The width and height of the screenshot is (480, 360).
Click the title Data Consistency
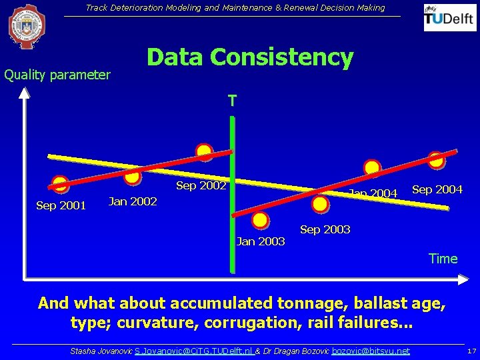[x=250, y=57]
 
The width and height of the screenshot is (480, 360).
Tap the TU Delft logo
[x=450, y=18]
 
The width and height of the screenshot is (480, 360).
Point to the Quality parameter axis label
[x=57, y=75]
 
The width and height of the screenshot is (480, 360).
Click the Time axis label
[x=443, y=259]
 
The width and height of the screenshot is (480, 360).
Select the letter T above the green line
[x=231, y=101]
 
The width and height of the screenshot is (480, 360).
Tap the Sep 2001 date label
[x=61, y=205]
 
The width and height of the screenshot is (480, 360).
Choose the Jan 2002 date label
[x=133, y=201]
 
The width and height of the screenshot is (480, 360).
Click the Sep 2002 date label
[x=201, y=185]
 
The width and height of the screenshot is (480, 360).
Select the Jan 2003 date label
[x=261, y=241]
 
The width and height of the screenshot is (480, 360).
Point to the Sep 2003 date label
[x=325, y=229]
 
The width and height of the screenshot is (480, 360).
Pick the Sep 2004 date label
[x=437, y=189]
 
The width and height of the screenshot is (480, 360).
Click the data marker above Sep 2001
[x=61, y=184]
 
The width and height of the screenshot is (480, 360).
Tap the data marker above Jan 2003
[x=261, y=220]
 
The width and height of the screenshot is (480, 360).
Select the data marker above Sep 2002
[x=205, y=152]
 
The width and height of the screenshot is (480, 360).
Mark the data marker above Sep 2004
[x=437, y=160]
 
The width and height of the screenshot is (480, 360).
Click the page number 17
[x=471, y=351]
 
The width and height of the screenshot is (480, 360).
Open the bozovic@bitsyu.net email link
[x=371, y=351]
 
